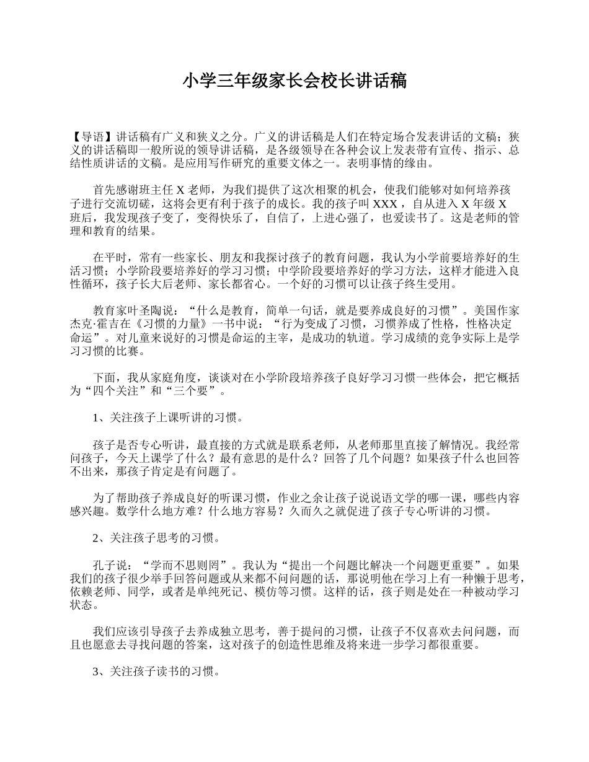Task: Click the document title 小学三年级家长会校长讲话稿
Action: [x=294, y=81]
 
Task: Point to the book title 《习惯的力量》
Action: [x=175, y=324]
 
